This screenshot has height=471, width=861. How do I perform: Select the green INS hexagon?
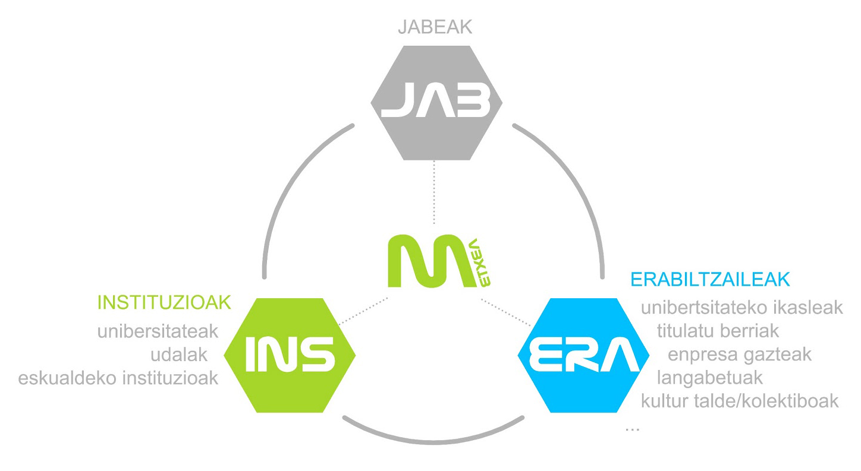click(290, 355)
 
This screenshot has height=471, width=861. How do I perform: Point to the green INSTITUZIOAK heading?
click(164, 302)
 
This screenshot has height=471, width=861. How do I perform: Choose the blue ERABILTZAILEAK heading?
click(711, 279)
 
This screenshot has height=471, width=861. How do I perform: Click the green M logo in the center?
click(425, 262)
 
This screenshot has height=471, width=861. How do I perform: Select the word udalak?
click(178, 355)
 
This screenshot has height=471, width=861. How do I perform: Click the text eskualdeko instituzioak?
click(118, 378)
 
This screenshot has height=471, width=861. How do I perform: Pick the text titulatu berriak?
click(718, 330)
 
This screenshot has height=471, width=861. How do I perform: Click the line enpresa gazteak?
click(740, 355)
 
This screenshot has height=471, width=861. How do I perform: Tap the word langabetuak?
click(709, 377)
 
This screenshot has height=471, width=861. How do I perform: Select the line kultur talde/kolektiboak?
click(740, 400)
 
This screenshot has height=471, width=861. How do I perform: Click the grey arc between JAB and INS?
click(286, 184)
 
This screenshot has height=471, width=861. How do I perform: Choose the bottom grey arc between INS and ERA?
click(436, 437)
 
